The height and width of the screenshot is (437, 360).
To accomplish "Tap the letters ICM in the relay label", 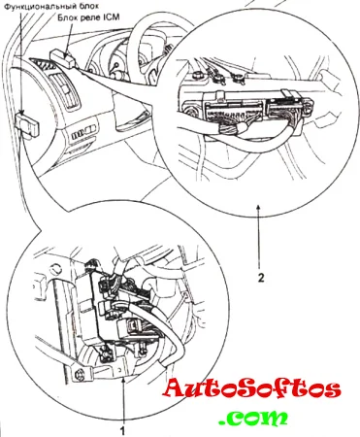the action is click(x=111, y=17).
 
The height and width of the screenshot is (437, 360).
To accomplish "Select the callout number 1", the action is click(x=122, y=431).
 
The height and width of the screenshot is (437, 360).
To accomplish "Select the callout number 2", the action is click(x=261, y=278).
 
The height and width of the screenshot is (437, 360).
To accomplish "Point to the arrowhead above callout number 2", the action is click(x=258, y=207).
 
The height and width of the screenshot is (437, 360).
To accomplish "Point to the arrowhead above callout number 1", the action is click(x=123, y=382).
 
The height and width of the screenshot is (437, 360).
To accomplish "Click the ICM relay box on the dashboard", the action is click(x=63, y=58).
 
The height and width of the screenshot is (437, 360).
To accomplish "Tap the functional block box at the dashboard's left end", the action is click(x=27, y=126).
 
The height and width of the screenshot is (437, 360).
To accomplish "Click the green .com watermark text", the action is click(x=253, y=417).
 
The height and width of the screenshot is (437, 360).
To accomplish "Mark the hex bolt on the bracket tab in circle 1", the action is click(x=79, y=375).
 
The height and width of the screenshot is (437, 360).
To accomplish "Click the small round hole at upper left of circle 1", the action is click(x=56, y=268).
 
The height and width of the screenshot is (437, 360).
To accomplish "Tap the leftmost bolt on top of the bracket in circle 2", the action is click(x=196, y=75).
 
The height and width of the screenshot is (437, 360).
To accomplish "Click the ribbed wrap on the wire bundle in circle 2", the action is click(x=230, y=130).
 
